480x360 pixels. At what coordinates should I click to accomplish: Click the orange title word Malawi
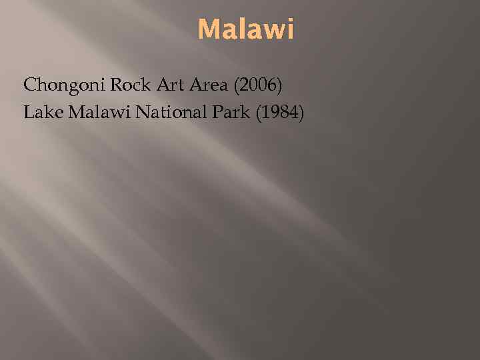[246, 30]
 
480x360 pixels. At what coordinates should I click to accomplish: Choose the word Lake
[41, 113]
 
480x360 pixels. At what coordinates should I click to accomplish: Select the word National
[168, 113]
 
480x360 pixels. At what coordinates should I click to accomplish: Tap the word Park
[226, 113]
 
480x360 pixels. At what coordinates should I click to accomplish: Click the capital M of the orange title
[207, 30]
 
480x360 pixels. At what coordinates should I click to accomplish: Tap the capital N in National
[143, 113]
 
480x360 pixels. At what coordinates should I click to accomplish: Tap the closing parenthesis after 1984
[301, 114]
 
